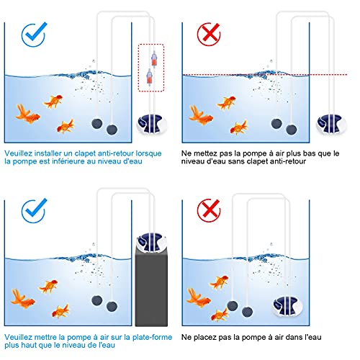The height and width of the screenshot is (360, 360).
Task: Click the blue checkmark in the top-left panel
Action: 33,35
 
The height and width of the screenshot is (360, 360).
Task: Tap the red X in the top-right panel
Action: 209,35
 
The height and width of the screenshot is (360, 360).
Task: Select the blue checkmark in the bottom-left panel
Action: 33,211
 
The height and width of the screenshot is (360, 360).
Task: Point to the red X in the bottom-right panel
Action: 209,211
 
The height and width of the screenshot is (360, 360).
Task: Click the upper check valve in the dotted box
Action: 153,59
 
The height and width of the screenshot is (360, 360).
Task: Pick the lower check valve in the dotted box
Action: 150,77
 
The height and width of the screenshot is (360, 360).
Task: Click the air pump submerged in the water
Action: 287,305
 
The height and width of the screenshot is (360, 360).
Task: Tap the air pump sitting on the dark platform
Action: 151,242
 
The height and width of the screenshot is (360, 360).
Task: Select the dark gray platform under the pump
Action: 151,289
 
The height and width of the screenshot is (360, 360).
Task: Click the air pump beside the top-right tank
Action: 331,124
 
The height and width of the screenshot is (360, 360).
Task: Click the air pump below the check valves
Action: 152,124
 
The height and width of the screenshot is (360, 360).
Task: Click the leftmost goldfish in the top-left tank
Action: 27,114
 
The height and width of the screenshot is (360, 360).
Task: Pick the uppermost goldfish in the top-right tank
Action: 226,103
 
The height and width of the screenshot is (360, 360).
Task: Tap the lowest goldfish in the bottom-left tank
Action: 60,311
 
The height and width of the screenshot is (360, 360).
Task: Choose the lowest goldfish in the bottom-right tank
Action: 220,315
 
